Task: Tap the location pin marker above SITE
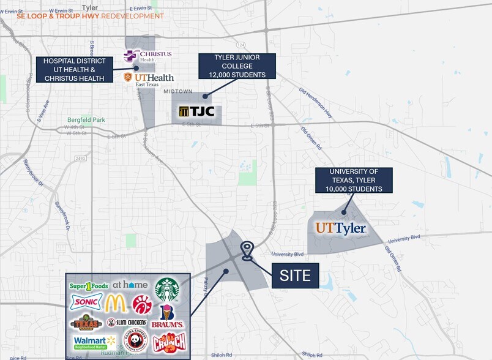point(247,250)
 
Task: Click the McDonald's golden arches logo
point(116,303)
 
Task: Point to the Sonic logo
point(83,302)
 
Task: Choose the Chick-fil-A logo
point(142,303)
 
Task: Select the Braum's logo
point(168,318)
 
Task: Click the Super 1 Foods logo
point(89,285)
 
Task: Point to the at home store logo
point(130,285)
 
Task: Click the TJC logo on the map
point(196,111)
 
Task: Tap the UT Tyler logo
point(340,229)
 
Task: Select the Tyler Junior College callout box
point(236,67)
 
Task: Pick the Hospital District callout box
point(75,70)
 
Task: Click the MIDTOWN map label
point(177,91)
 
